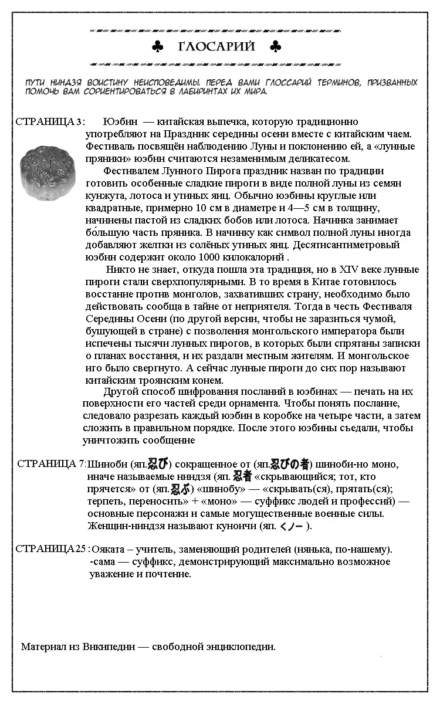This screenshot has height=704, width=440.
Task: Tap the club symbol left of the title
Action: coord(157,47)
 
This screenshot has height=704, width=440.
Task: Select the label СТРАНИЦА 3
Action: coord(49,121)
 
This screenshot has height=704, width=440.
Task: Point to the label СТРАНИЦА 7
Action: coord(52,463)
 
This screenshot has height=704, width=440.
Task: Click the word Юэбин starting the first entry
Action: coord(120,121)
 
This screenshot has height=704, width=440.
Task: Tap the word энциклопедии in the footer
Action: coord(241,647)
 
